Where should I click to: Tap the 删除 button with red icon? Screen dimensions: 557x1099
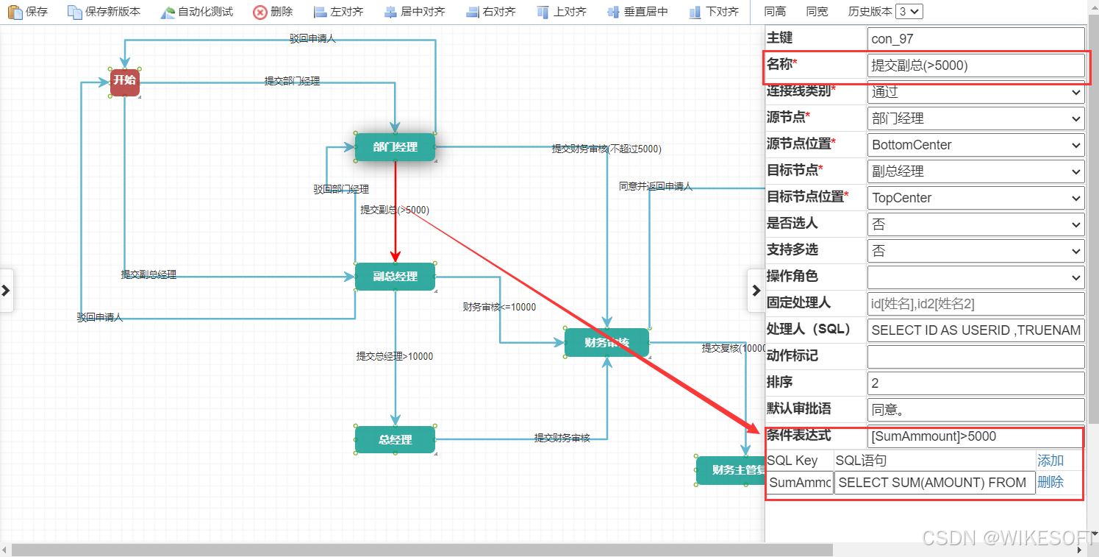(273, 12)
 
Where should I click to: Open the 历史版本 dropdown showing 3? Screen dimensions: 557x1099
(909, 12)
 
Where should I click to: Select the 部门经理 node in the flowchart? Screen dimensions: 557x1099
(395, 147)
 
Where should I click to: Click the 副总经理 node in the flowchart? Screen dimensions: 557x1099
(395, 277)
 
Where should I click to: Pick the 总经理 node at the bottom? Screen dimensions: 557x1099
(395, 440)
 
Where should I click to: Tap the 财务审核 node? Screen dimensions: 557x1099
(606, 343)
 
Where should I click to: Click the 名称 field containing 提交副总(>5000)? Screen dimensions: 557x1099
(976, 65)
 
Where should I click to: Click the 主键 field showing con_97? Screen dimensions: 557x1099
(976, 39)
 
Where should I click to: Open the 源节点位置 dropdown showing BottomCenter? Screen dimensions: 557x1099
(976, 145)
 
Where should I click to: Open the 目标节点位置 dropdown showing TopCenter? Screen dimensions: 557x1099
(976, 198)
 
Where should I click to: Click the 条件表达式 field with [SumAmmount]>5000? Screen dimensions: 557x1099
(976, 436)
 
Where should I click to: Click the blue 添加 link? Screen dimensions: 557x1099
(1050, 461)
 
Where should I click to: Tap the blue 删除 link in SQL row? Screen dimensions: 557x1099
(1050, 483)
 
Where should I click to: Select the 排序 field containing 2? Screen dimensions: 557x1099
(976, 383)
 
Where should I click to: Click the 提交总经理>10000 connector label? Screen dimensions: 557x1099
(395, 356)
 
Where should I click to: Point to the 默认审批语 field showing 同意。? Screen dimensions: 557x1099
(976, 410)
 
